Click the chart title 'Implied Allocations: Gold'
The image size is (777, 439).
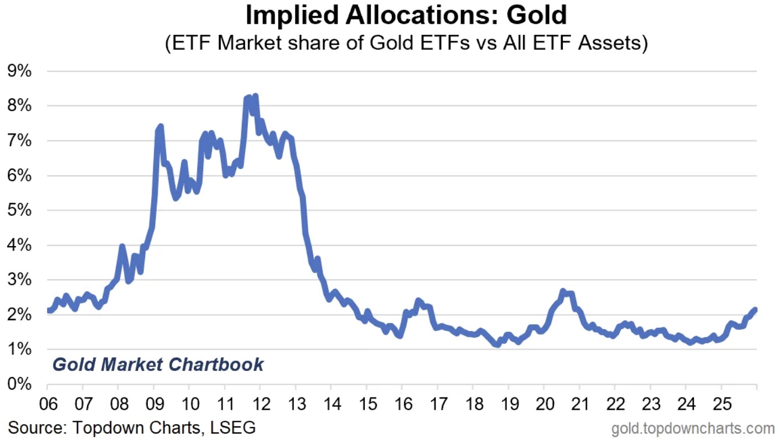pyautogui.click(x=406, y=15)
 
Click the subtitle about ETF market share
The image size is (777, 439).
pyautogui.click(x=406, y=43)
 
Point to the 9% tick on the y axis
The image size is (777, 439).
pyautogui.click(x=19, y=71)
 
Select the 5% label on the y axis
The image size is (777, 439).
pyautogui.click(x=19, y=211)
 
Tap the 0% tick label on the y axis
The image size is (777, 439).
pyautogui.click(x=19, y=384)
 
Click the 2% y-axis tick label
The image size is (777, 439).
pyautogui.click(x=19, y=315)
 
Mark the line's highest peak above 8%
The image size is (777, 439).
pyautogui.click(x=255, y=97)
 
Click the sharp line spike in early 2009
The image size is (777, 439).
pyautogui.click(x=160, y=127)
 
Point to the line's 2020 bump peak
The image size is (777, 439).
pyautogui.click(x=563, y=291)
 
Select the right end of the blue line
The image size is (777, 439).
pyautogui.click(x=755, y=310)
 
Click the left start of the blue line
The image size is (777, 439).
pyautogui.click(x=49, y=311)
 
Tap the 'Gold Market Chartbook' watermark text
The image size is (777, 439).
pyautogui.click(x=158, y=365)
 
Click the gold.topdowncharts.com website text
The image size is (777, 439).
pyautogui.click(x=693, y=428)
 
